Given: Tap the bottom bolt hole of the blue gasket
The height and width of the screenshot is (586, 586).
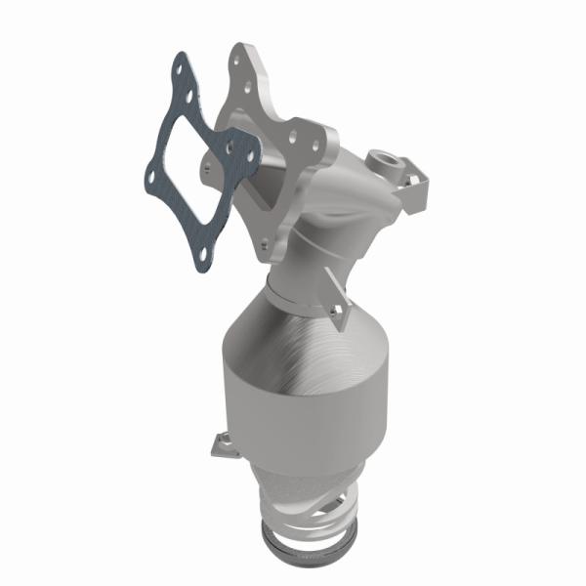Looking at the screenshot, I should pos(202,258).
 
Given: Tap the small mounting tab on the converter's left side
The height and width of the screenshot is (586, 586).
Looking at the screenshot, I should pos(219,445).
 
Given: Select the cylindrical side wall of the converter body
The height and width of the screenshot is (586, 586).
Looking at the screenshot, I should pos(293,410).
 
